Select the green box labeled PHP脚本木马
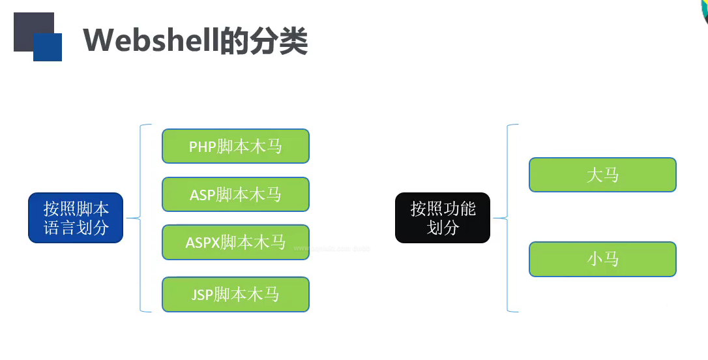tap(235, 146)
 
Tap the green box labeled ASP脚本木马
tap(235, 194)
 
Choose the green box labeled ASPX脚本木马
tap(235, 243)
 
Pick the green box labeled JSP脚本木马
tap(235, 295)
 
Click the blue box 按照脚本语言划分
tap(76, 218)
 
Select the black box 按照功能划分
tap(443, 218)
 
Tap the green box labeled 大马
tap(602, 175)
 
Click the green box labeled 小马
tap(602, 260)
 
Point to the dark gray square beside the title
tap(26, 26)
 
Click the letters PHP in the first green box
tap(202, 147)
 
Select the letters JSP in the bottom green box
tap(202, 295)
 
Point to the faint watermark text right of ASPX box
tap(332, 248)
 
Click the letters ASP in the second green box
tap(202, 195)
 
